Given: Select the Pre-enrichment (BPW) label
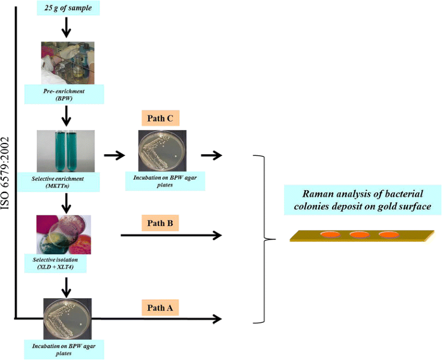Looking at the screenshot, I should [x=66, y=93].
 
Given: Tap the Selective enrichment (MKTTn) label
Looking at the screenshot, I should [x=66, y=181].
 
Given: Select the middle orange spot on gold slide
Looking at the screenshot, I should [x=359, y=234].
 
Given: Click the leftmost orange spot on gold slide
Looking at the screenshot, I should [x=330, y=234].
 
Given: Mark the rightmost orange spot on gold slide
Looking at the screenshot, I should [x=389, y=234].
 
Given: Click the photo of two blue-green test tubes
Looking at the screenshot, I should [x=66, y=151].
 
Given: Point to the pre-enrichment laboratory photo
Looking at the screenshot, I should [x=66, y=63].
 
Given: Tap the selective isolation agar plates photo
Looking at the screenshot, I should [x=66, y=235].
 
